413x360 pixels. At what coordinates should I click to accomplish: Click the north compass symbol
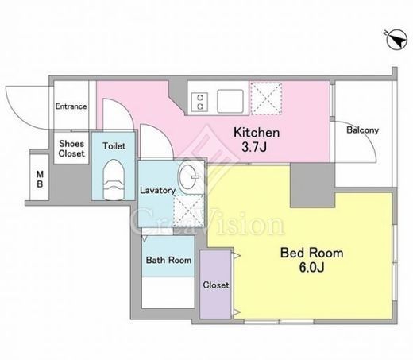click(397, 40)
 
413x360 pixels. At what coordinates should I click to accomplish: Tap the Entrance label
click(71, 106)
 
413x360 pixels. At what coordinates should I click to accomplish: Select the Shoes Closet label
click(71, 149)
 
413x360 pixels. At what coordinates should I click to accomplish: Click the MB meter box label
click(40, 179)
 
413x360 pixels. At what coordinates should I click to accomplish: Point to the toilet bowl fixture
click(114, 180)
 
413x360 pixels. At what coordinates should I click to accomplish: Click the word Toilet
click(114, 146)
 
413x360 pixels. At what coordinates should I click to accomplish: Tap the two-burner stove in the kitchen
click(200, 102)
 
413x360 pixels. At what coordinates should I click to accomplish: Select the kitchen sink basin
click(230, 101)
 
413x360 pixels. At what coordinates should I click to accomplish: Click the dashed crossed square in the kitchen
click(266, 99)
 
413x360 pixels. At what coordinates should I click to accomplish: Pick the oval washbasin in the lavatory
click(188, 176)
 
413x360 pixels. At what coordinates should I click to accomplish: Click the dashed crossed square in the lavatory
click(188, 211)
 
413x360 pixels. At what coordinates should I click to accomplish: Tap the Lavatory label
click(157, 191)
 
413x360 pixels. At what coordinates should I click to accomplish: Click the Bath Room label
click(168, 260)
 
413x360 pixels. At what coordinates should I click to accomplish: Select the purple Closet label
click(216, 285)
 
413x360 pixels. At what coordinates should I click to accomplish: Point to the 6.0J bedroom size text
click(311, 268)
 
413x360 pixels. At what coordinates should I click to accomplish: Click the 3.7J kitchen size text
click(254, 147)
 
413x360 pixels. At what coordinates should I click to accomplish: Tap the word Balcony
click(362, 130)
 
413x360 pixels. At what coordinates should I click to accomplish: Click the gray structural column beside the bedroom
click(312, 185)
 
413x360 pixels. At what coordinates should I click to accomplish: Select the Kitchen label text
click(257, 132)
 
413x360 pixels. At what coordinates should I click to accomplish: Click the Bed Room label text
click(312, 253)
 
